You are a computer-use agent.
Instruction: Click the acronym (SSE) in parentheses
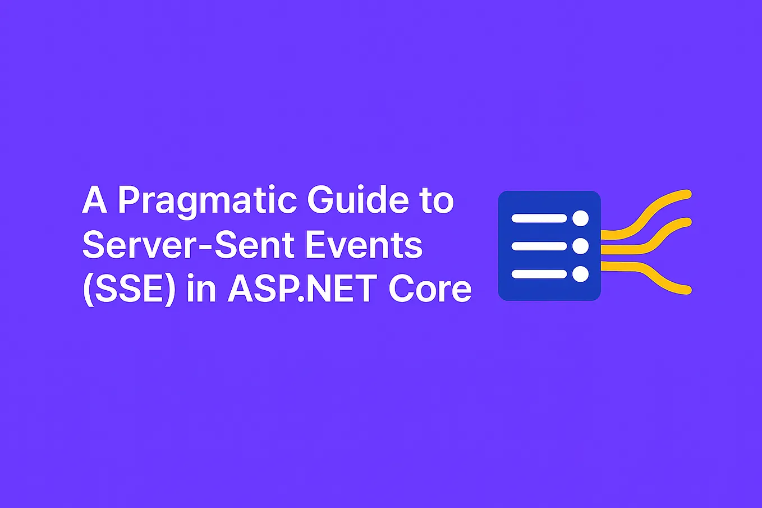(129, 289)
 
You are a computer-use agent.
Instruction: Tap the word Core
(430, 289)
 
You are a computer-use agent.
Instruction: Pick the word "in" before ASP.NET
(201, 289)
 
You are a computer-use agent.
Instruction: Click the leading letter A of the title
(94, 200)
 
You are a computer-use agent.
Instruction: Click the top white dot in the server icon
(580, 218)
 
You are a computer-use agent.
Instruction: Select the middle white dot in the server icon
(580, 246)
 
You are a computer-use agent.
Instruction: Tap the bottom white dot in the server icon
(580, 274)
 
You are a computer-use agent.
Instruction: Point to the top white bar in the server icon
(539, 218)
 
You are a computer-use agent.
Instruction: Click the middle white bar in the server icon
(539, 246)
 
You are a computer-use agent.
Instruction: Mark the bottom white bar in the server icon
(539, 274)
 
